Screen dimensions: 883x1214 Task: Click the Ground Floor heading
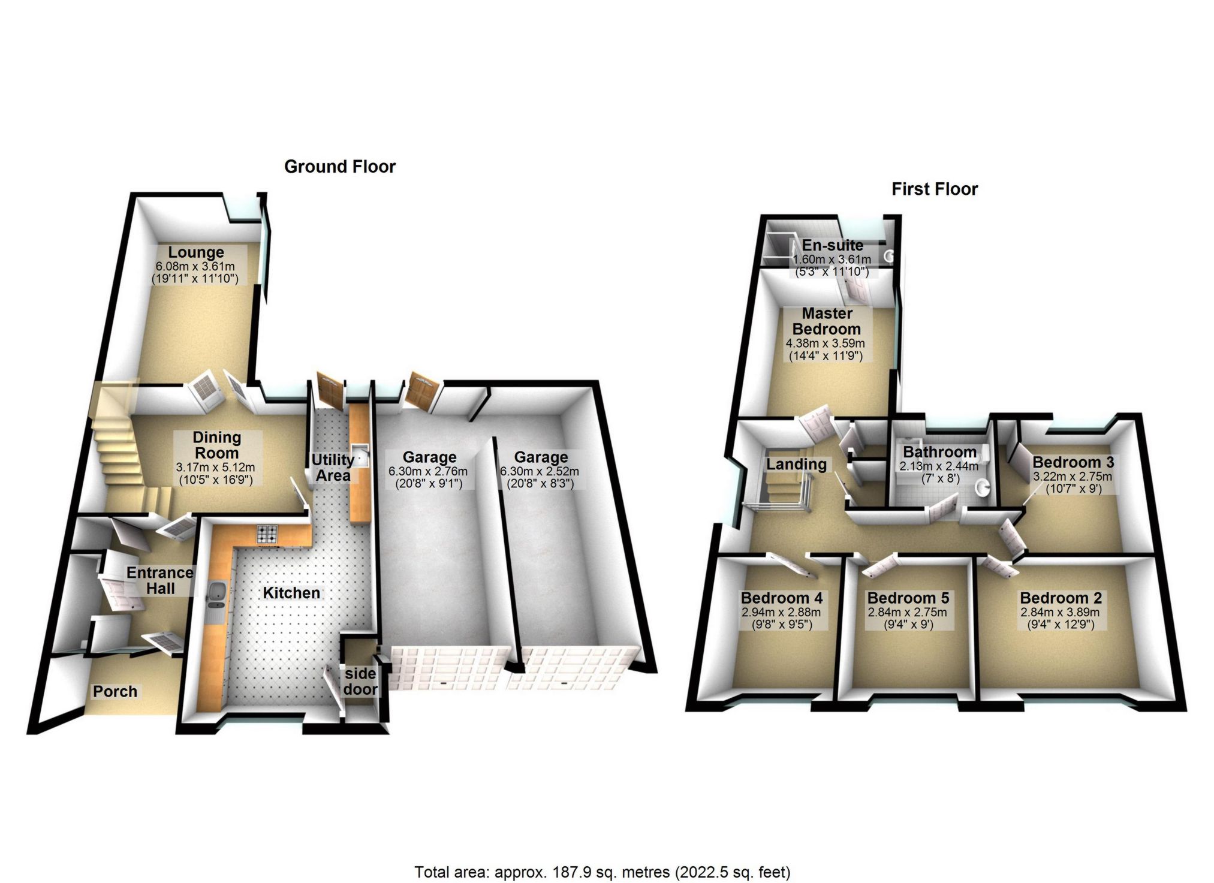coord(339,167)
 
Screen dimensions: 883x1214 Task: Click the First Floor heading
coord(934,189)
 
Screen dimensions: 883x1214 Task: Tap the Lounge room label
coord(195,252)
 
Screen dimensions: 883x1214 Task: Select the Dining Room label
coord(216,445)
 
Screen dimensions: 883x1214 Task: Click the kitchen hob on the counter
coord(267,533)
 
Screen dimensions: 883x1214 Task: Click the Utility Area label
coord(333,468)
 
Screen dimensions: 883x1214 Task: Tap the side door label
coord(360,682)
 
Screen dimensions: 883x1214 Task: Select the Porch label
coord(115,692)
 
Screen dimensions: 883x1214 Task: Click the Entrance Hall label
coord(159,581)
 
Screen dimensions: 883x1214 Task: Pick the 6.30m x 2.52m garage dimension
coord(540,471)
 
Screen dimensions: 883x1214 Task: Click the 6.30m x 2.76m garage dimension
coord(428,471)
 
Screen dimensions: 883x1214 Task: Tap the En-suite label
coord(833,245)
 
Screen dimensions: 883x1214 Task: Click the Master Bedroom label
coord(827,321)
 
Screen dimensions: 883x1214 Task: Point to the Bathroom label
coord(939,452)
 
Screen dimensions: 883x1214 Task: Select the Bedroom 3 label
coord(1073,462)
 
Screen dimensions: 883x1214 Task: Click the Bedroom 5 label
coord(908,598)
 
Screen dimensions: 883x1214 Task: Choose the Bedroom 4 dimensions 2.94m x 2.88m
coord(781,613)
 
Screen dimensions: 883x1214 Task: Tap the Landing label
coord(796,464)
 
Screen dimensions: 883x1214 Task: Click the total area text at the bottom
coord(602,872)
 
